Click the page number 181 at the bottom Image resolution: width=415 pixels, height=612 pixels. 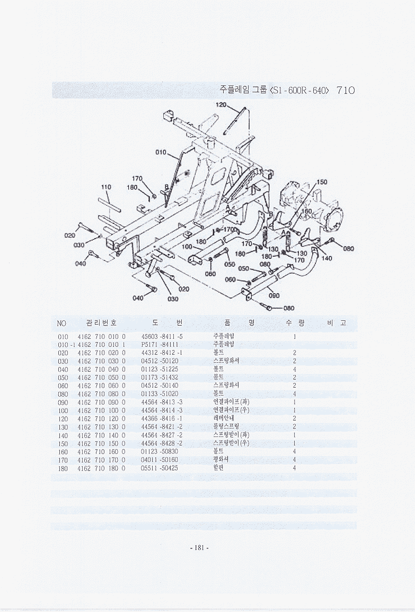point(199,548)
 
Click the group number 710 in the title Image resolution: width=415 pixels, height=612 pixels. point(345,91)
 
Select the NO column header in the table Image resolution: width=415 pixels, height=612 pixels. point(62,323)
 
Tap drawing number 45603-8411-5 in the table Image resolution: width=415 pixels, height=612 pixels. point(162,337)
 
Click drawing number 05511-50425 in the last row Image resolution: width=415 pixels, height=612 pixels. point(160,468)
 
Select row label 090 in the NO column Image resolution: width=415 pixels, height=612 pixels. point(63,402)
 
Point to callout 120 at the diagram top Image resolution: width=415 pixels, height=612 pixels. point(221,104)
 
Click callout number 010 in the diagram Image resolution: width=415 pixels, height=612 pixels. point(161,153)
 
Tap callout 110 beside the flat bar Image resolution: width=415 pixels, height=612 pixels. point(106,187)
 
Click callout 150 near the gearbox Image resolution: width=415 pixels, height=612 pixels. point(322,182)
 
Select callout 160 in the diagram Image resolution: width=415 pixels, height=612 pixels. point(306,211)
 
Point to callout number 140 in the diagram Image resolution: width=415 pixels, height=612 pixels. point(326,258)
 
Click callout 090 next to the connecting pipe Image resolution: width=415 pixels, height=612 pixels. point(274,295)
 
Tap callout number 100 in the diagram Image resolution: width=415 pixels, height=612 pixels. point(187,247)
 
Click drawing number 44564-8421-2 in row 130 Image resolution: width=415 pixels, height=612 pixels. point(162,427)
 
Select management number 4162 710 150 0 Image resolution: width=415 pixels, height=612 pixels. point(101,443)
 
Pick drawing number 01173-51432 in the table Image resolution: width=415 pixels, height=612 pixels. point(160,377)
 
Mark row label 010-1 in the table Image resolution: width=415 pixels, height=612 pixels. point(65,345)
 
